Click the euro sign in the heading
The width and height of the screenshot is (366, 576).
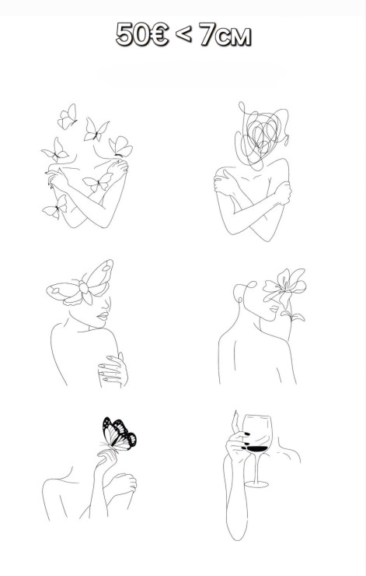[x=159, y=34]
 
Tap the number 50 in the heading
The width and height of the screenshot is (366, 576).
[x=133, y=34]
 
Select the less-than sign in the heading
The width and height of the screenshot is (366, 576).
[x=183, y=34]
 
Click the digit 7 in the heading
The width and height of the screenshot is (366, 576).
[x=207, y=35]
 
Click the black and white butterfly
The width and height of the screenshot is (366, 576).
[x=119, y=434]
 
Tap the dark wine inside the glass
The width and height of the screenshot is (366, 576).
[x=257, y=448]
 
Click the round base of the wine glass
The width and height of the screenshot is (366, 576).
[x=256, y=484]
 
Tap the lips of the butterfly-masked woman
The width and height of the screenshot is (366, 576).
[x=103, y=315]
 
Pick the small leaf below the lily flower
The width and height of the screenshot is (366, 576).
[x=293, y=315]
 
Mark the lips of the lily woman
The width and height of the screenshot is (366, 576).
[x=274, y=309]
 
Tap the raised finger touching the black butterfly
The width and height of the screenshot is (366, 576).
[x=106, y=455]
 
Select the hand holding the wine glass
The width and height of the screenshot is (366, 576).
[x=237, y=440]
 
